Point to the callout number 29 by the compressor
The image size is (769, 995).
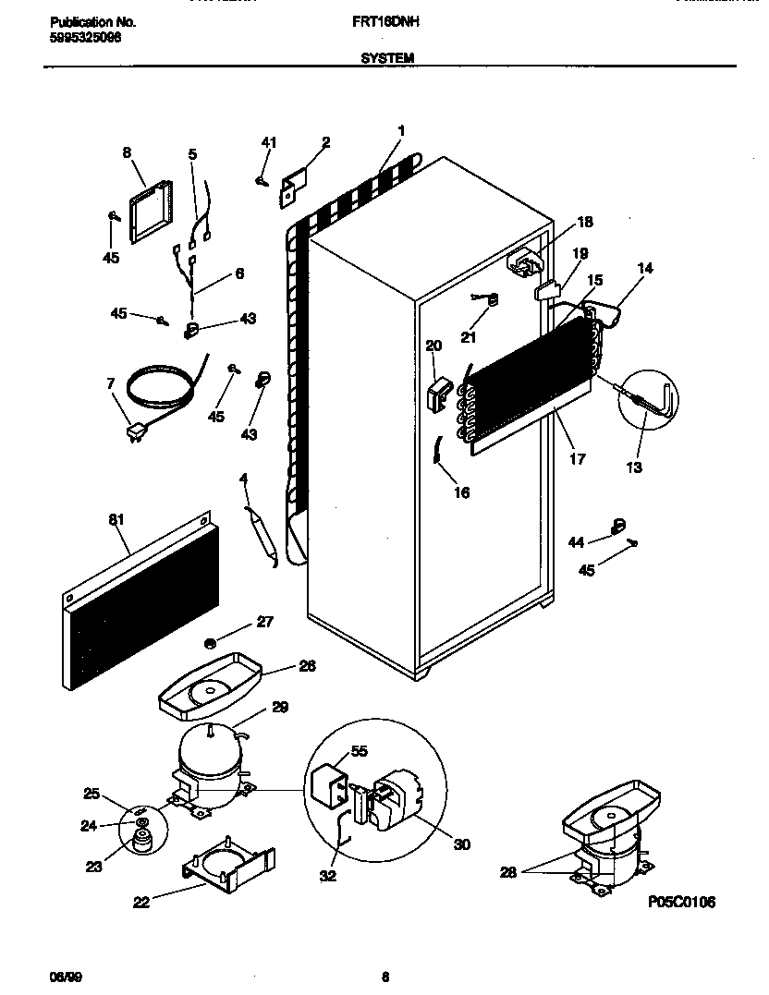[x=280, y=709]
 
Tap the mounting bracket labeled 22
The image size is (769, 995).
[x=227, y=862]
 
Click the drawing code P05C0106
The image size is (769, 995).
[x=682, y=902]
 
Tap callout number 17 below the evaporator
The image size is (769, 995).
[x=578, y=458]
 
